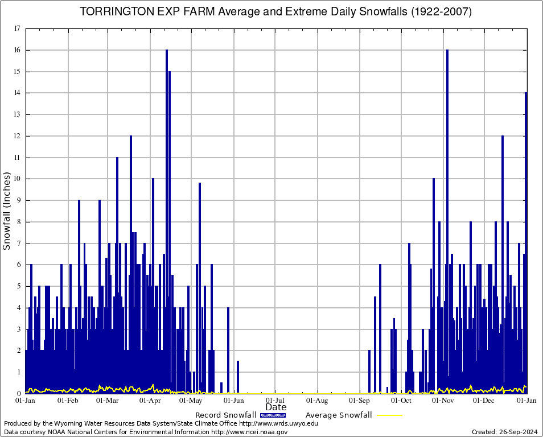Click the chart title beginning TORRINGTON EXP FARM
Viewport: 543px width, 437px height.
(275, 12)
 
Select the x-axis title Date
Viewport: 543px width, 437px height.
(276, 407)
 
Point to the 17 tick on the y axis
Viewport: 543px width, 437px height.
(17, 28)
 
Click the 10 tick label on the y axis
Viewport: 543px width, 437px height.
(17, 179)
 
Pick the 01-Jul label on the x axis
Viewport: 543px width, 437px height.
(275, 400)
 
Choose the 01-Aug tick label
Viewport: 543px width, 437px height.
(318, 400)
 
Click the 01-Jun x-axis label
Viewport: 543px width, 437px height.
(233, 400)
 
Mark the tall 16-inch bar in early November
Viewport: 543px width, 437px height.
(447, 216)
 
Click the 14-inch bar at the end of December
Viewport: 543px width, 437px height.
(526, 239)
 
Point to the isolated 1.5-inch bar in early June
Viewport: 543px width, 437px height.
(238, 377)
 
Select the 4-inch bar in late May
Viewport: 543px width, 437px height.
(228, 350)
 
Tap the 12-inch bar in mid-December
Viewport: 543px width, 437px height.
(503, 262)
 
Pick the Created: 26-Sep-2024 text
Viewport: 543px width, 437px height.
(505, 432)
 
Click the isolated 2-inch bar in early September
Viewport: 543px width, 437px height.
(369, 372)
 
